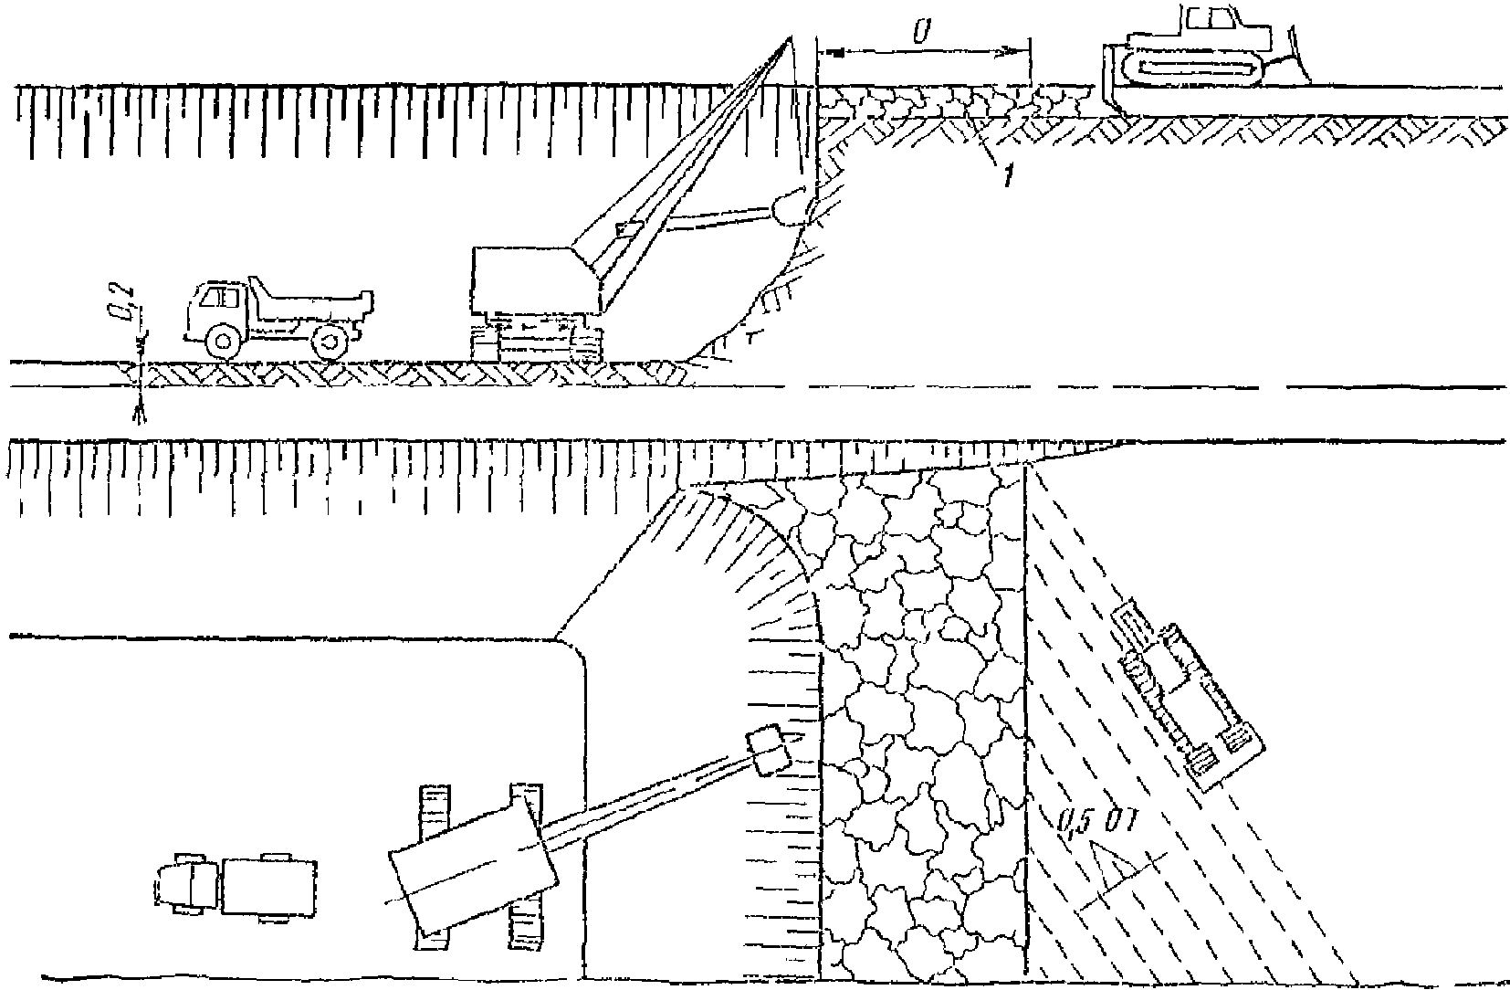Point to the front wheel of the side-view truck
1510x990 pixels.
tap(222, 342)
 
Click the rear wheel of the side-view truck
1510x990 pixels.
tap(329, 342)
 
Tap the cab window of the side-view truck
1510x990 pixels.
tap(217, 298)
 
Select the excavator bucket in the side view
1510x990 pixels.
tap(791, 208)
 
